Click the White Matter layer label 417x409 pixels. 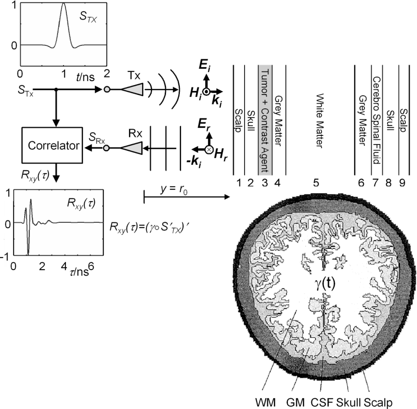[320, 121]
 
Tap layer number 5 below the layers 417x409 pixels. [316, 184]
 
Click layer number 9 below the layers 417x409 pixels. [402, 184]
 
